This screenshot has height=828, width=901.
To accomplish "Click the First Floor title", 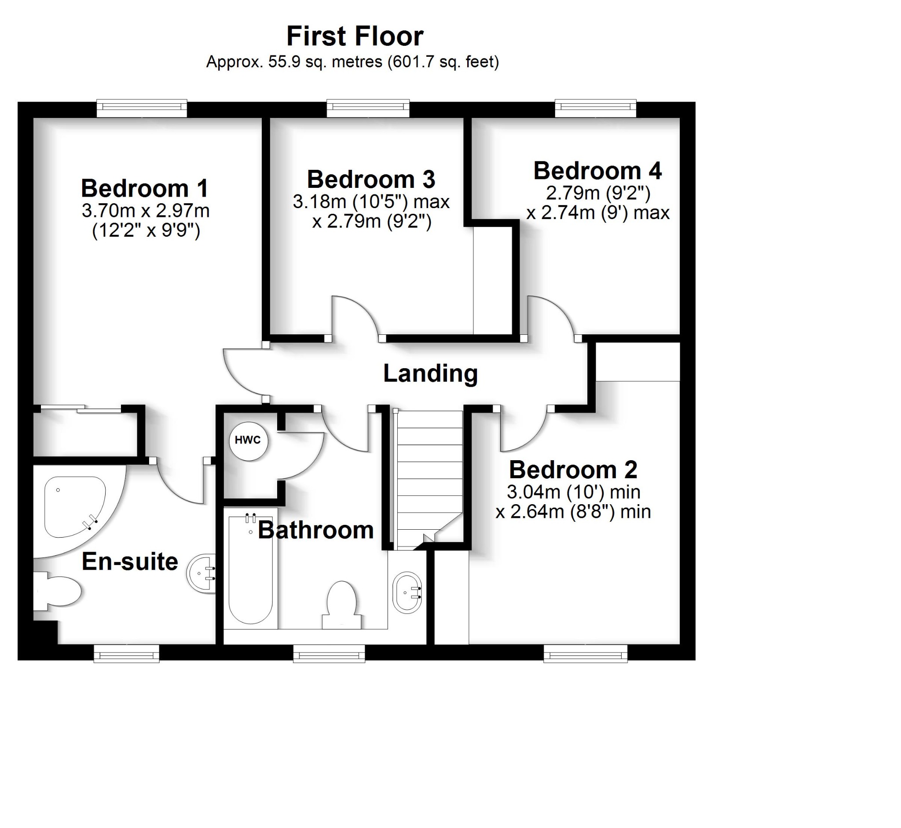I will coord(355,36).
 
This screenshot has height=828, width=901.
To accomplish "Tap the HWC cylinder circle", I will coord(248,441).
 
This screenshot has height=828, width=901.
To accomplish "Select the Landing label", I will coord(430,374).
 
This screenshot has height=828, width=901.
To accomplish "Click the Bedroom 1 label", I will coord(144,188).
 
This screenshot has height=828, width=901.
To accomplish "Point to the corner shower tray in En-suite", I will coord(74,507).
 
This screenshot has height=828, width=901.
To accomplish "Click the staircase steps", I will coord(430,475).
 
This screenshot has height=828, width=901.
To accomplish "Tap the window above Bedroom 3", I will coord(368,107).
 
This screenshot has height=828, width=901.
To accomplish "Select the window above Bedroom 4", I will coord(595,107).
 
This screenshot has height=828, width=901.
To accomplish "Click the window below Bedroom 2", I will coord(585,655).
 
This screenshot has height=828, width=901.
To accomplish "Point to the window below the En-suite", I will coord(127,655).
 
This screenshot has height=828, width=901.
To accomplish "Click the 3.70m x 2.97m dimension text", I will coord(146,211).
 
